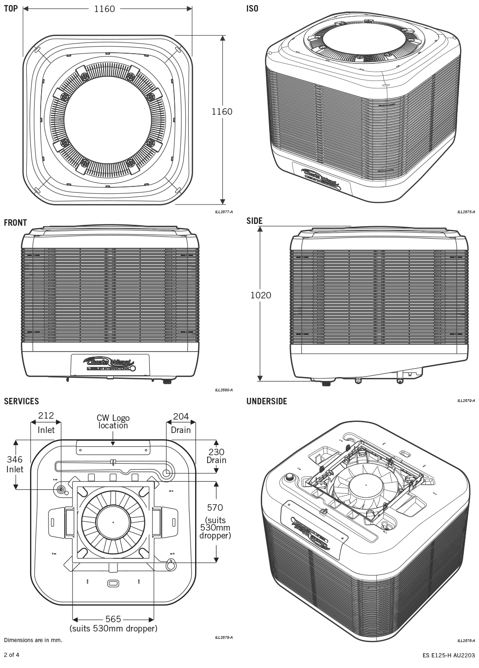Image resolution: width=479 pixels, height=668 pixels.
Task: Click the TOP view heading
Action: click(x=11, y=8)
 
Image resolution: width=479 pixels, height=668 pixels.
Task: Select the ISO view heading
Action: click(x=252, y=8)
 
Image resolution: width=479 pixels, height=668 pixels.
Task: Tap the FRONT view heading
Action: click(x=15, y=223)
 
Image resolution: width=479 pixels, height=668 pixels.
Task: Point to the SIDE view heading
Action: click(x=254, y=221)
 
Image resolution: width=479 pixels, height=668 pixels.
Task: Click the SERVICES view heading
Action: click(x=21, y=401)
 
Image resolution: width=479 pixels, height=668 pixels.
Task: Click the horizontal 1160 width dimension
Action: click(x=104, y=8)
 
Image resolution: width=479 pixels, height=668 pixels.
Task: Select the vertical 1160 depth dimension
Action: click(x=222, y=111)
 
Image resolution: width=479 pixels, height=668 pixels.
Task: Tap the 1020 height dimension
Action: click(x=261, y=295)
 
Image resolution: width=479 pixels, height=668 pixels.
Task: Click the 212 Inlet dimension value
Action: click(x=46, y=416)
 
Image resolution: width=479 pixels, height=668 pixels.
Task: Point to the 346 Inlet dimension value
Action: click(x=15, y=459)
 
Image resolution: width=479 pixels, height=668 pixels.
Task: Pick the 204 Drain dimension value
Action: click(x=181, y=416)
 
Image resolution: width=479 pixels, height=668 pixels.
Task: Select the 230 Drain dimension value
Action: click(x=216, y=452)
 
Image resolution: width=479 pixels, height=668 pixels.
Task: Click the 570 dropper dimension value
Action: click(x=215, y=507)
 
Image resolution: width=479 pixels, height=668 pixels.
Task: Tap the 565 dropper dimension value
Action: click(x=113, y=619)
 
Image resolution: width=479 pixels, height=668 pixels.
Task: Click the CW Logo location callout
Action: click(x=113, y=421)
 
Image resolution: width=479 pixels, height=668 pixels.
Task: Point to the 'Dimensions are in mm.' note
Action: click(x=33, y=640)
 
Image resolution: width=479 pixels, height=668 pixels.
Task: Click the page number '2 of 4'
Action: click(x=12, y=655)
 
